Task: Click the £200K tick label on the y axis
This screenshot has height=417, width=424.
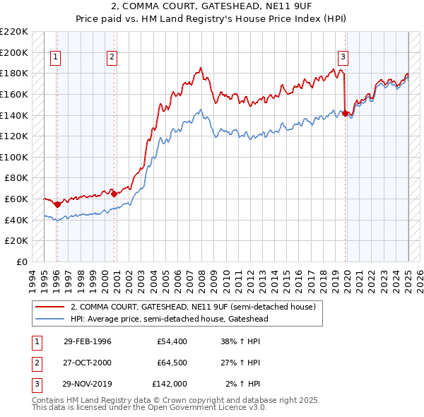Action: (14, 52)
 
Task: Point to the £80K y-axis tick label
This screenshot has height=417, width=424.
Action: (16, 178)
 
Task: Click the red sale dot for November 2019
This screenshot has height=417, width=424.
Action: (346, 113)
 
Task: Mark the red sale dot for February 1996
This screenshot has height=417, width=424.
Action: (58, 204)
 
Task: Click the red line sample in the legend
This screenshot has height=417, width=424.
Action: (50, 307)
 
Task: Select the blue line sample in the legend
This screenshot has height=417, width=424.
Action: (50, 319)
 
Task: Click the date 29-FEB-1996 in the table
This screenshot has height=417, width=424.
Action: (88, 341)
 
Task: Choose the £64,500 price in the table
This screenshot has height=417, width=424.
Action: (172, 363)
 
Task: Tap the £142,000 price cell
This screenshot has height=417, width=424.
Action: (170, 384)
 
